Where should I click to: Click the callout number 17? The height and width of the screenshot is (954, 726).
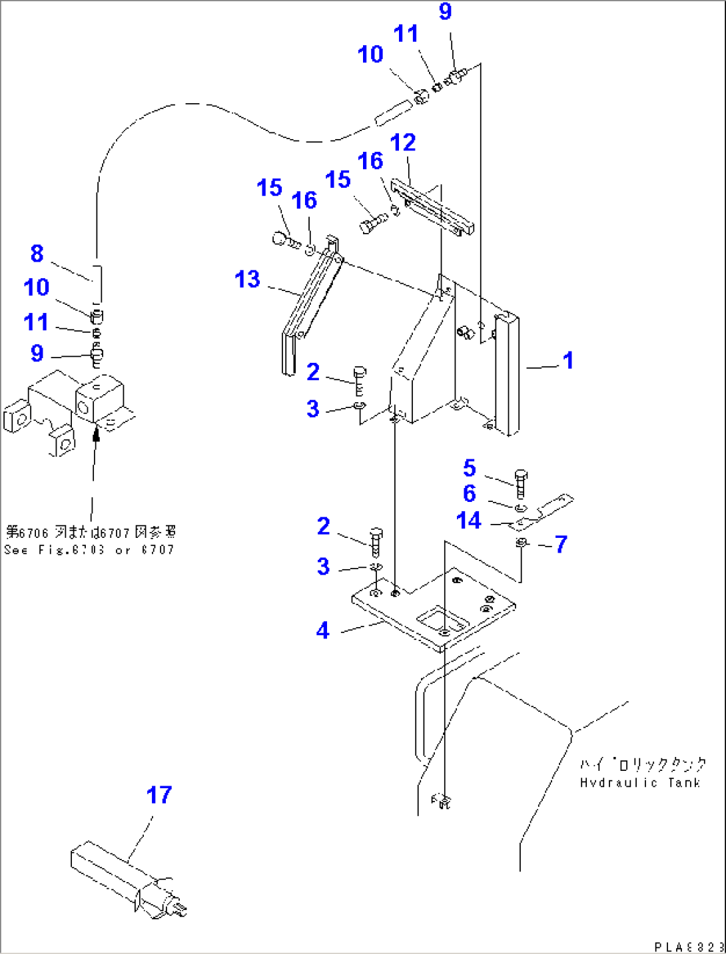159,794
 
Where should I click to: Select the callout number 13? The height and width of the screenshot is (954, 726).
247,279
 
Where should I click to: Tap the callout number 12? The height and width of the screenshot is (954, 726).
402,142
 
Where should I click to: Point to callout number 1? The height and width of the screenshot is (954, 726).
567,360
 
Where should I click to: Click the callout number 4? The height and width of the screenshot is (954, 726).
323,630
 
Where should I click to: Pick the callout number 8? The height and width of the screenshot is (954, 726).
37,253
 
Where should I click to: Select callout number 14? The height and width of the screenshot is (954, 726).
468,520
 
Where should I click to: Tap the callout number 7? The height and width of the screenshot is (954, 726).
561,544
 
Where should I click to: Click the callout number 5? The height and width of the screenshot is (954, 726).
470,468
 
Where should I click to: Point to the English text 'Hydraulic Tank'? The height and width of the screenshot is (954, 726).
639,783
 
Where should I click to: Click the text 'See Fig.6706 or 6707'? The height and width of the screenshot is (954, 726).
89,550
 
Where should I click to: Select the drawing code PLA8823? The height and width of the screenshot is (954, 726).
688,947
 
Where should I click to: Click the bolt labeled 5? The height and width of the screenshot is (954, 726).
521,483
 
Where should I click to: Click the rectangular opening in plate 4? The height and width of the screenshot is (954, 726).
442,622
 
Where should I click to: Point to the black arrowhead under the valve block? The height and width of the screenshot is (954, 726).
96,435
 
